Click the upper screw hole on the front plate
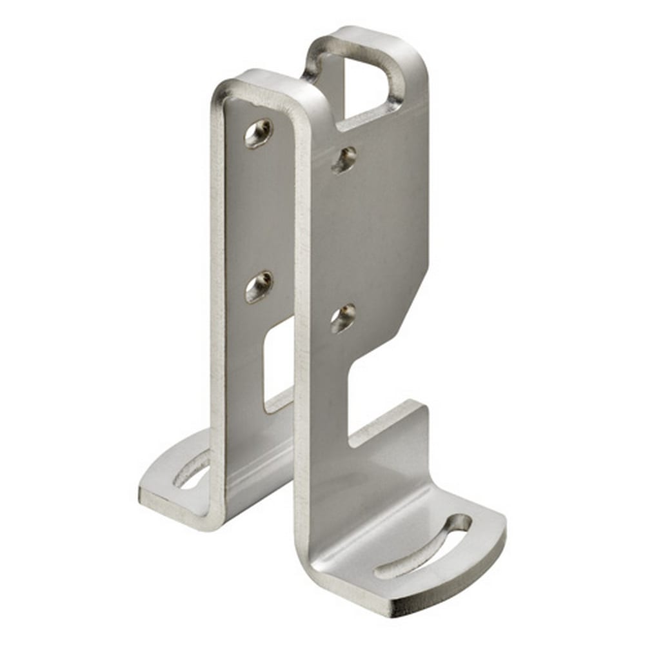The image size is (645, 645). (x=344, y=159)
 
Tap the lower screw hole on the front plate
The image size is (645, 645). (x=342, y=318)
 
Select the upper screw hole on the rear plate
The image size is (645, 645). (x=258, y=134)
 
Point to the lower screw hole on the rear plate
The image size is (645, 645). (x=259, y=286)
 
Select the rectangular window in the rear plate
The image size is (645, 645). (x=277, y=364)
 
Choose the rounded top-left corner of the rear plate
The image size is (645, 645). (x=223, y=90)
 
